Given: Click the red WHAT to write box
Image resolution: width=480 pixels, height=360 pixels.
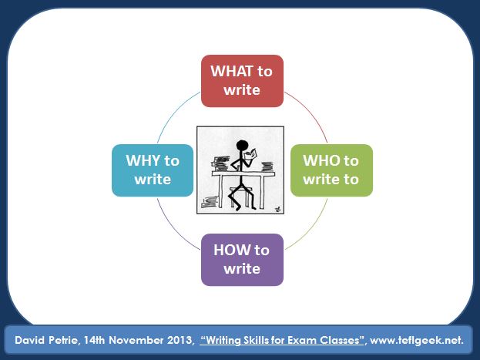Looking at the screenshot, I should [x=242, y=81].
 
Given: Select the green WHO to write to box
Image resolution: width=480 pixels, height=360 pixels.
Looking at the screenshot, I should [x=331, y=170].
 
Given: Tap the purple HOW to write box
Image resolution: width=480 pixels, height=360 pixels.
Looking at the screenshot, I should [x=242, y=259].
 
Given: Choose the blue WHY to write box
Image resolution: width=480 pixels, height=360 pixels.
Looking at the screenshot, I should [x=153, y=170].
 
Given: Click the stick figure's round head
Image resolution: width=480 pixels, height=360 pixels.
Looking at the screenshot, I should [x=240, y=145].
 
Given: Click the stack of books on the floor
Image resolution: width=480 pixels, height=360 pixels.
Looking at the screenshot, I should [x=209, y=204].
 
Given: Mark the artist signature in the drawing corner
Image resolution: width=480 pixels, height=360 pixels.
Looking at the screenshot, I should [x=276, y=207].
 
